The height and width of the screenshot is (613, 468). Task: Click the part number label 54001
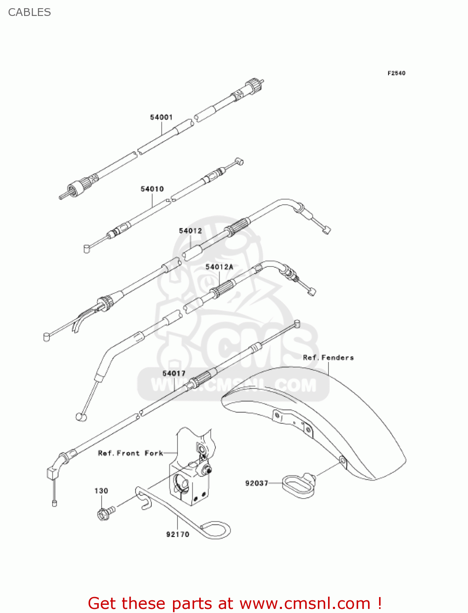[x=161, y=117]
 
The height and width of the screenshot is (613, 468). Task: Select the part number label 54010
[x=152, y=189]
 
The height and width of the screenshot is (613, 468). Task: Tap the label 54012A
[x=219, y=267]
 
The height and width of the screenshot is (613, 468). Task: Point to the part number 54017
[x=174, y=373]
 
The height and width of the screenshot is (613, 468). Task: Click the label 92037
[x=257, y=483]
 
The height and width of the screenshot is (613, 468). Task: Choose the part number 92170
[x=177, y=534]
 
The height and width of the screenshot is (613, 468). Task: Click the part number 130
[x=101, y=491]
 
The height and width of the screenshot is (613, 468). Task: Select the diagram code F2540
[x=396, y=73]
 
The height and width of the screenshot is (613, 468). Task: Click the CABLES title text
[x=29, y=12]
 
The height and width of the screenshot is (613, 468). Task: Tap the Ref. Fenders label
[x=328, y=358]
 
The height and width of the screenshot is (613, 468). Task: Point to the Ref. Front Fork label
[x=131, y=453]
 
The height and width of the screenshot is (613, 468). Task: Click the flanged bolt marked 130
[x=104, y=512]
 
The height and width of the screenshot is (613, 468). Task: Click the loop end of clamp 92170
[x=216, y=530]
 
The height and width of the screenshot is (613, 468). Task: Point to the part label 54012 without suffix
[x=190, y=231]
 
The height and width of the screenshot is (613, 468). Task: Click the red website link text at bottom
[x=235, y=603]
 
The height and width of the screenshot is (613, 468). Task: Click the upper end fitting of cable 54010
[x=240, y=162]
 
